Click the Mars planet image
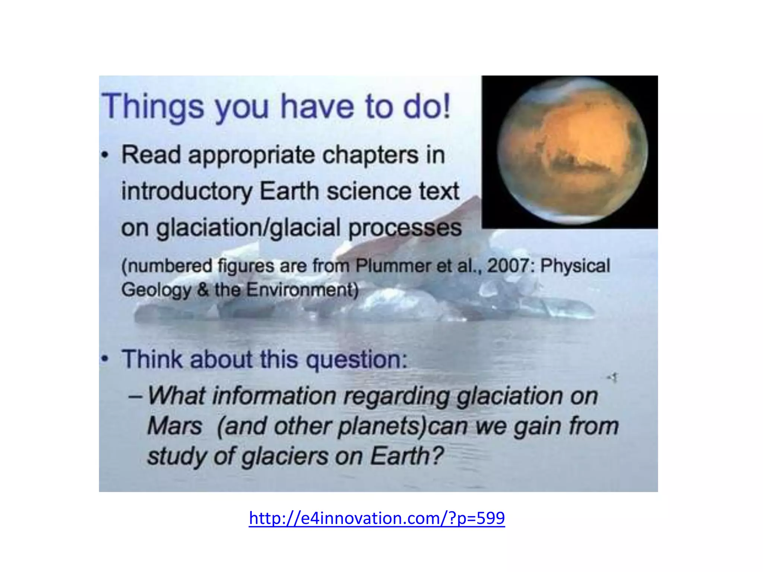coord(572,152)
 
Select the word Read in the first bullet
coord(151,155)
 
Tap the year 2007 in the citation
coord(510,266)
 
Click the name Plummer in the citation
coord(392,266)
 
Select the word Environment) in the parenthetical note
coord(302,290)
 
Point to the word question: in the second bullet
coord(357,360)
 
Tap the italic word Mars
coord(174,426)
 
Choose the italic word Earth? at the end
coord(406,456)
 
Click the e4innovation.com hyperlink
coord(377,518)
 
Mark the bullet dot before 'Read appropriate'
coord(105,155)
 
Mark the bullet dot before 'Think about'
coord(105,359)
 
